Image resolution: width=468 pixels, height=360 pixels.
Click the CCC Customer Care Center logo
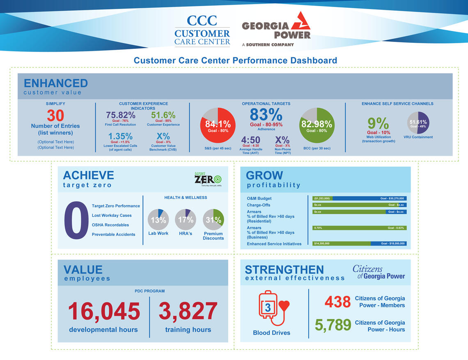202,30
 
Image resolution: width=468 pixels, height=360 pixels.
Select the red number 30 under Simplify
55,115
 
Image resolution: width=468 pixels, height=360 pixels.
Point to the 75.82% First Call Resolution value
120,115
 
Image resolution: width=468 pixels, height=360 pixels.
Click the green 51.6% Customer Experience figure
163,115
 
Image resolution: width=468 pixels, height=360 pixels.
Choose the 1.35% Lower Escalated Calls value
120,136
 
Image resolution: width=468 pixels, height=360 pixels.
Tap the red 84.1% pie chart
218,125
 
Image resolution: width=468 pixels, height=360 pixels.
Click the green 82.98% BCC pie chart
317,125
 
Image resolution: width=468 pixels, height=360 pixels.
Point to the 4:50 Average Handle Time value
250,140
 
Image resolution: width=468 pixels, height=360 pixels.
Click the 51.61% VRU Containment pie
418,122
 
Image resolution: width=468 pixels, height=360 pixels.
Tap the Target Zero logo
208,179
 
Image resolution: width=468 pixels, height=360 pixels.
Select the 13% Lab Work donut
158,219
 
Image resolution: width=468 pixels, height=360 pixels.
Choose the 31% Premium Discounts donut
213,219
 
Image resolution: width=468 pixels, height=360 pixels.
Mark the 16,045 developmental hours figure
103,311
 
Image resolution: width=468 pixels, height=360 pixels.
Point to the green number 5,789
333,325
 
